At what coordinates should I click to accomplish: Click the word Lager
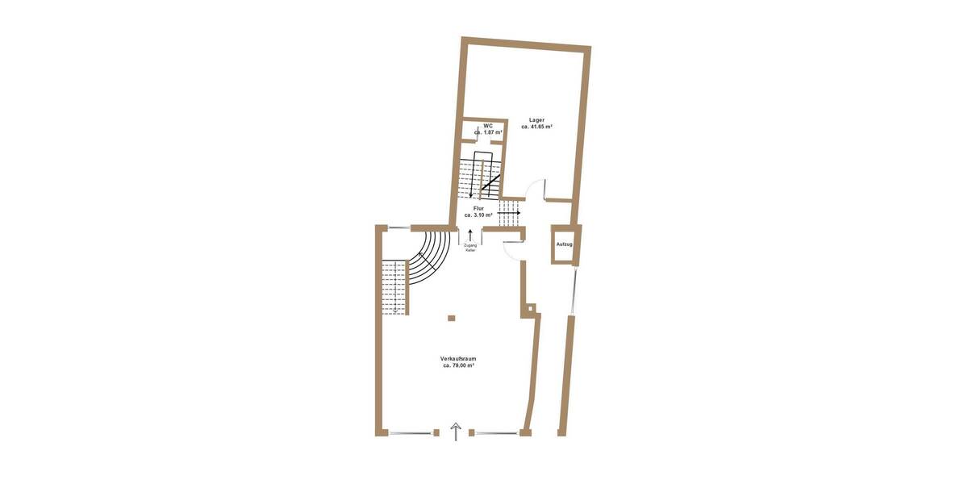[x=536, y=119]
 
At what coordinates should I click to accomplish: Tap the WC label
[x=488, y=125]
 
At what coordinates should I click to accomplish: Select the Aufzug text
[x=565, y=244]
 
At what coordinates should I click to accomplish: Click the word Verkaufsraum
[x=458, y=358]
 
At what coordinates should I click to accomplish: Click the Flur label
[x=478, y=208]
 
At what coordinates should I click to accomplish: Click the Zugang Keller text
[x=470, y=248]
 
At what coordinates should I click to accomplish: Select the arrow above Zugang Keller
[x=470, y=235]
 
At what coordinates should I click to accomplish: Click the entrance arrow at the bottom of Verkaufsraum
[x=456, y=432]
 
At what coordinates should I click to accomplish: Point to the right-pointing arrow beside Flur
[x=509, y=213]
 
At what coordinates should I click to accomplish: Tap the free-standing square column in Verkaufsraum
[x=451, y=318]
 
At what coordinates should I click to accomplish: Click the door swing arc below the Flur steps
[x=511, y=249]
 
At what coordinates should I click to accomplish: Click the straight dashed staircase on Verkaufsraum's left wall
[x=395, y=286]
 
